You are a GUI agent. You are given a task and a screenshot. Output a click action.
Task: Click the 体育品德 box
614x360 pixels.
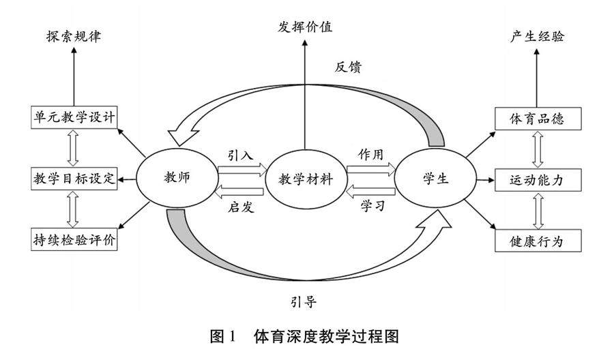point(537,117)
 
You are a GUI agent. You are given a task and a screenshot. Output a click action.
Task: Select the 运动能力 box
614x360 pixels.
point(537,179)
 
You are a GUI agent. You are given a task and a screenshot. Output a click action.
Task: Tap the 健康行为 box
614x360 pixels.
point(537,240)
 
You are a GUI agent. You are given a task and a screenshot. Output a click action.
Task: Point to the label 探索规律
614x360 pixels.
point(73,36)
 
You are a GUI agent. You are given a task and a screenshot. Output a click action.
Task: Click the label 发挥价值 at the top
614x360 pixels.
point(305,27)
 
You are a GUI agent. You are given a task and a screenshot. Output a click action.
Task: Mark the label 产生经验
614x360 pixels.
point(537,36)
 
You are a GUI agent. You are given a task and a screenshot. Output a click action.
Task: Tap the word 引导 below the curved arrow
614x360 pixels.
point(303,301)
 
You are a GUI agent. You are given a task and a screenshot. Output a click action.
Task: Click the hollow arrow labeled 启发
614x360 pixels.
point(239,191)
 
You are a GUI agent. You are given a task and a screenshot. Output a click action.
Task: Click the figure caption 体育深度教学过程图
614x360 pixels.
point(325,336)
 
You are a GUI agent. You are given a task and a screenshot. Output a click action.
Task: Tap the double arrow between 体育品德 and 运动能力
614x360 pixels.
point(538,149)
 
